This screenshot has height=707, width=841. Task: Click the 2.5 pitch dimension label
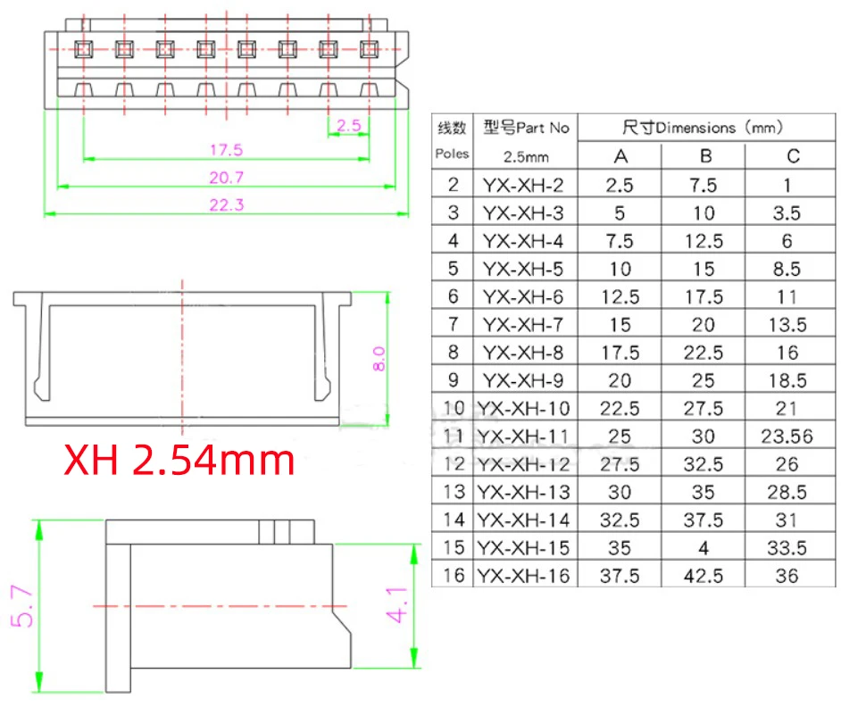[x=349, y=126]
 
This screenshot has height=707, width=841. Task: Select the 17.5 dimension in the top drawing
[x=226, y=149]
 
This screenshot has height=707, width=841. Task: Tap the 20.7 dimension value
[x=226, y=177]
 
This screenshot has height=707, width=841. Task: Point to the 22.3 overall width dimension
[x=227, y=204]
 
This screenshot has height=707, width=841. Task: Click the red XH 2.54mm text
[x=179, y=461]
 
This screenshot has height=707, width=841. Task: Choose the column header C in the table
[x=792, y=156]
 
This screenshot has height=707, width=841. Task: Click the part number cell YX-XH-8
[x=522, y=353]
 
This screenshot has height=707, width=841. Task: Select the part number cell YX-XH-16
[x=522, y=576]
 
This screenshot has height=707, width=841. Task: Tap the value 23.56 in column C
[x=788, y=437]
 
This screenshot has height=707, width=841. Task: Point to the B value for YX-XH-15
[x=704, y=548]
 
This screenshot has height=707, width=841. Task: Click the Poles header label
[x=452, y=154]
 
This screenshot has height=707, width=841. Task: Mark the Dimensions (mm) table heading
[x=704, y=128]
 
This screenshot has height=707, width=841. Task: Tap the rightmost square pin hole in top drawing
[x=369, y=48]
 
